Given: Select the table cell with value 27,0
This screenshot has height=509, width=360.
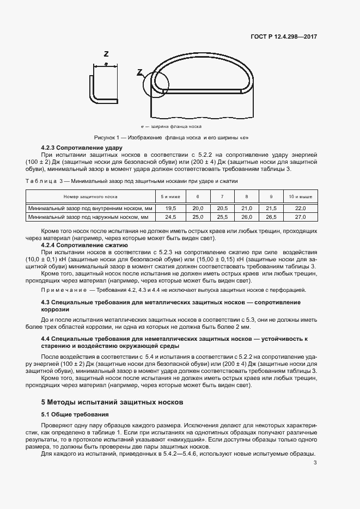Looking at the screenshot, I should (300, 217).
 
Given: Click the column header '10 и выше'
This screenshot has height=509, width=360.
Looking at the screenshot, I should (300, 196).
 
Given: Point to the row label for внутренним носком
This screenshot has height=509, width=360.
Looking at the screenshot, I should (90, 208).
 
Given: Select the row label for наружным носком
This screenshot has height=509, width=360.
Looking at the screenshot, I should (90, 217).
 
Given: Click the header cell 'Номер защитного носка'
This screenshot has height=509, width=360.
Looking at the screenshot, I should (90, 196).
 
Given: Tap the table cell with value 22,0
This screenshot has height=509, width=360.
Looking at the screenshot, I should (300, 208).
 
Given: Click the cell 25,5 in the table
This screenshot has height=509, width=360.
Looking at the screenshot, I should (222, 217).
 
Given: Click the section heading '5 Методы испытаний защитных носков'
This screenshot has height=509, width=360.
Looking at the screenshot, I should (113, 402).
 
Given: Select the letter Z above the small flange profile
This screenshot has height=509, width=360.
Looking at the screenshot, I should (106, 53).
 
